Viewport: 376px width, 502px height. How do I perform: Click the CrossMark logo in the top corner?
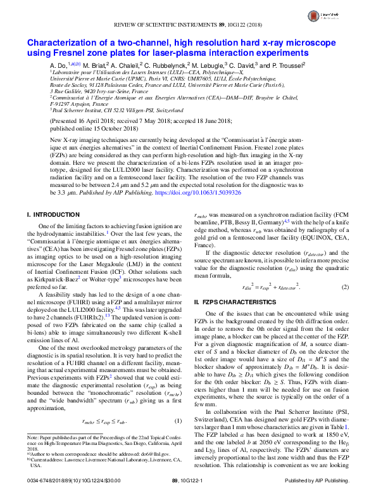(x=346, y=14)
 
